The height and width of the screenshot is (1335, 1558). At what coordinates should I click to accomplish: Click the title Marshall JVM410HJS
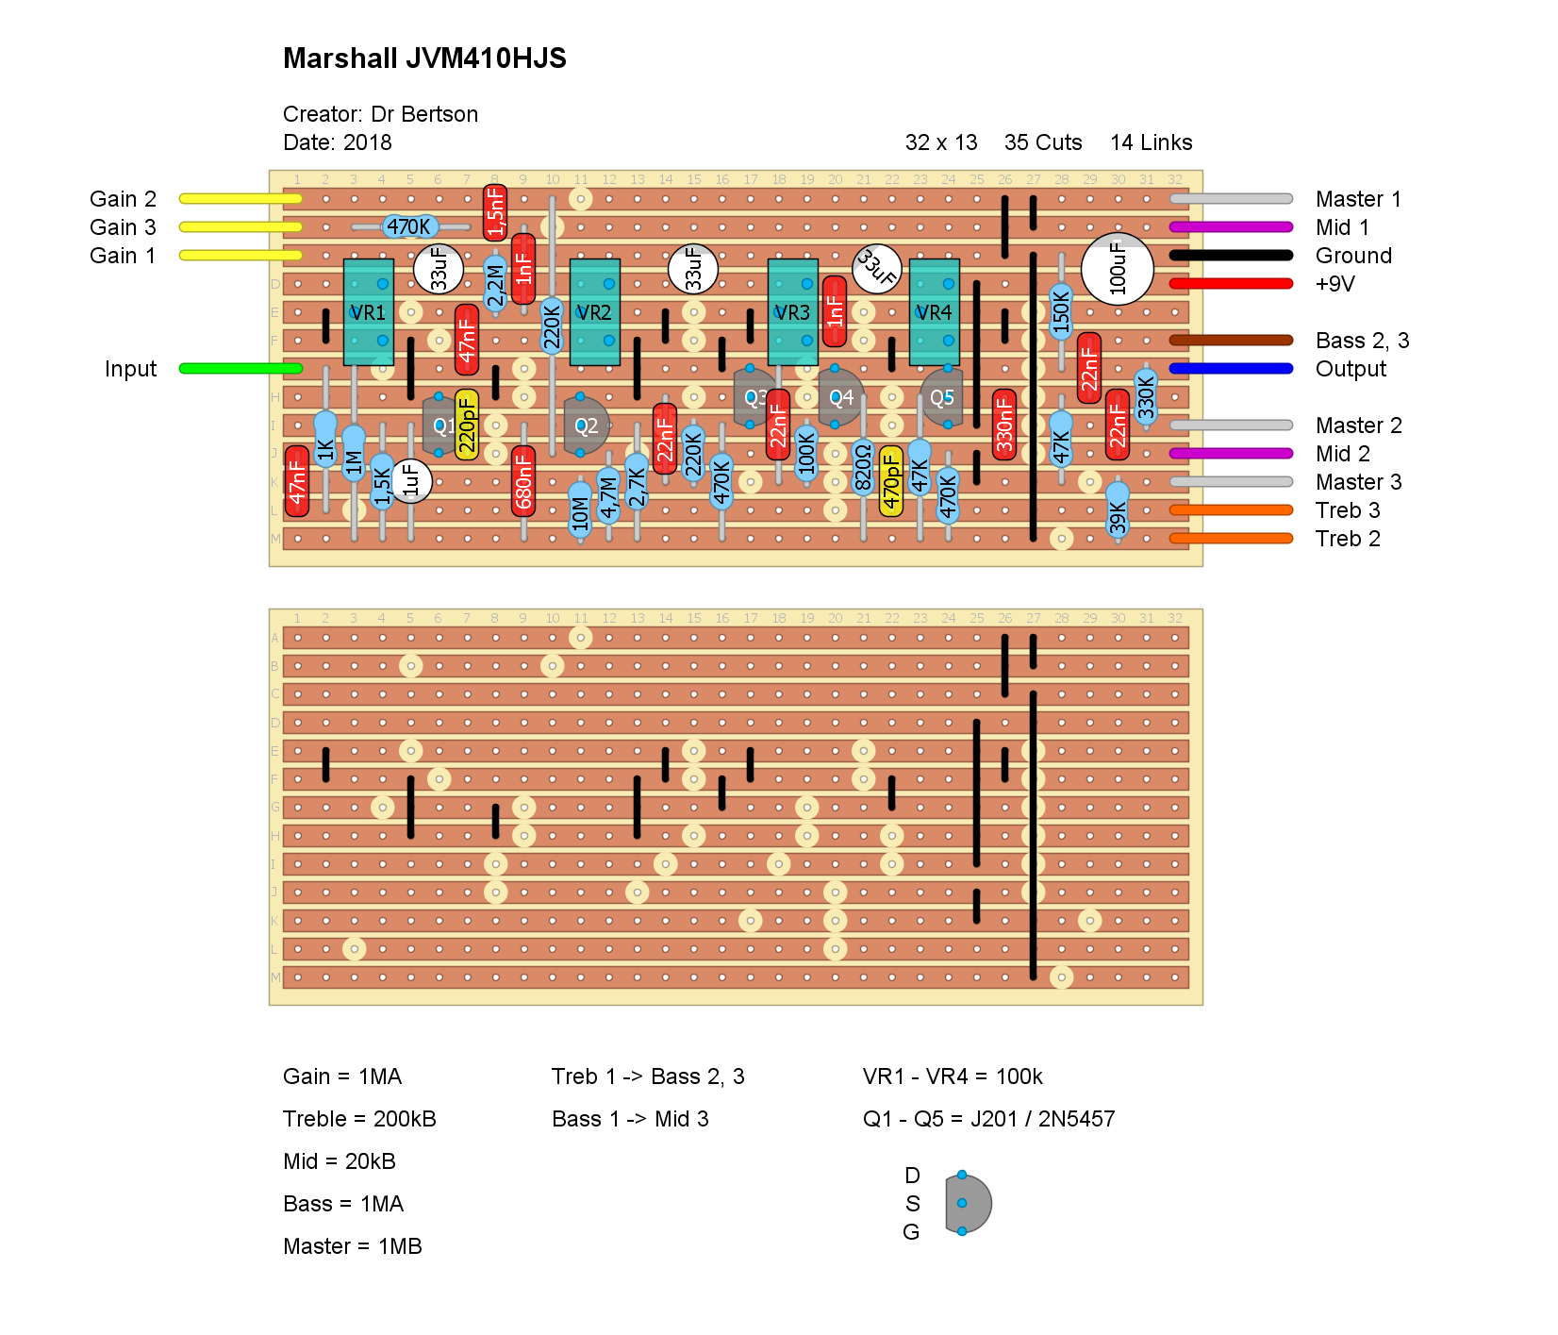[424, 58]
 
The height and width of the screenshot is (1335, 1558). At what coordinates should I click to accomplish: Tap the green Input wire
[240, 368]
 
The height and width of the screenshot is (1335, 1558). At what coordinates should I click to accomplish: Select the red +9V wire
[1231, 283]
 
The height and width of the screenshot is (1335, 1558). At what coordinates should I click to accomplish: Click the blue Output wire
[1231, 368]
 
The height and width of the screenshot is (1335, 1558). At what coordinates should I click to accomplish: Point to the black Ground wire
[1231, 255]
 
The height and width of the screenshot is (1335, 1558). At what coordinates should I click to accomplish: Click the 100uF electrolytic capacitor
[1118, 269]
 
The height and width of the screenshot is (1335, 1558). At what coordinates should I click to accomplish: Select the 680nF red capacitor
[523, 481]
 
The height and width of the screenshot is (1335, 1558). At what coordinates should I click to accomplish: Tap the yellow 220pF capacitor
[467, 425]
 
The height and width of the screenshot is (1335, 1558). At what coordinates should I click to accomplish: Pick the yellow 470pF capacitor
[891, 481]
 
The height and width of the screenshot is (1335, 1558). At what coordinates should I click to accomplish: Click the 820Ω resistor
[863, 468]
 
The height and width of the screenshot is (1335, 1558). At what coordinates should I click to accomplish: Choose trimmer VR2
[594, 312]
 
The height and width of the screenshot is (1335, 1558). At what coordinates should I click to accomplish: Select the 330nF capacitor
[1004, 425]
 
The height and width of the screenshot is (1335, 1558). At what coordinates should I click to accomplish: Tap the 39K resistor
[1118, 509]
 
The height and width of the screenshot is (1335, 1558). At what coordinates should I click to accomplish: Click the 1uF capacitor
[410, 481]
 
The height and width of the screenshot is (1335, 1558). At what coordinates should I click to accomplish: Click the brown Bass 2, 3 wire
[1231, 340]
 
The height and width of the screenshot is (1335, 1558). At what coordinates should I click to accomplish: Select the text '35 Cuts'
[1043, 142]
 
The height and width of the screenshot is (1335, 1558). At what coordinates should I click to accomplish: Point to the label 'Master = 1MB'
[353, 1246]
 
